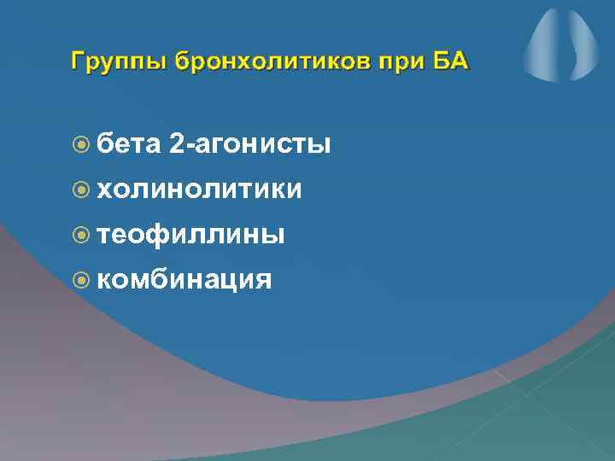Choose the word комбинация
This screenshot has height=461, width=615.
coord(184,277)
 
